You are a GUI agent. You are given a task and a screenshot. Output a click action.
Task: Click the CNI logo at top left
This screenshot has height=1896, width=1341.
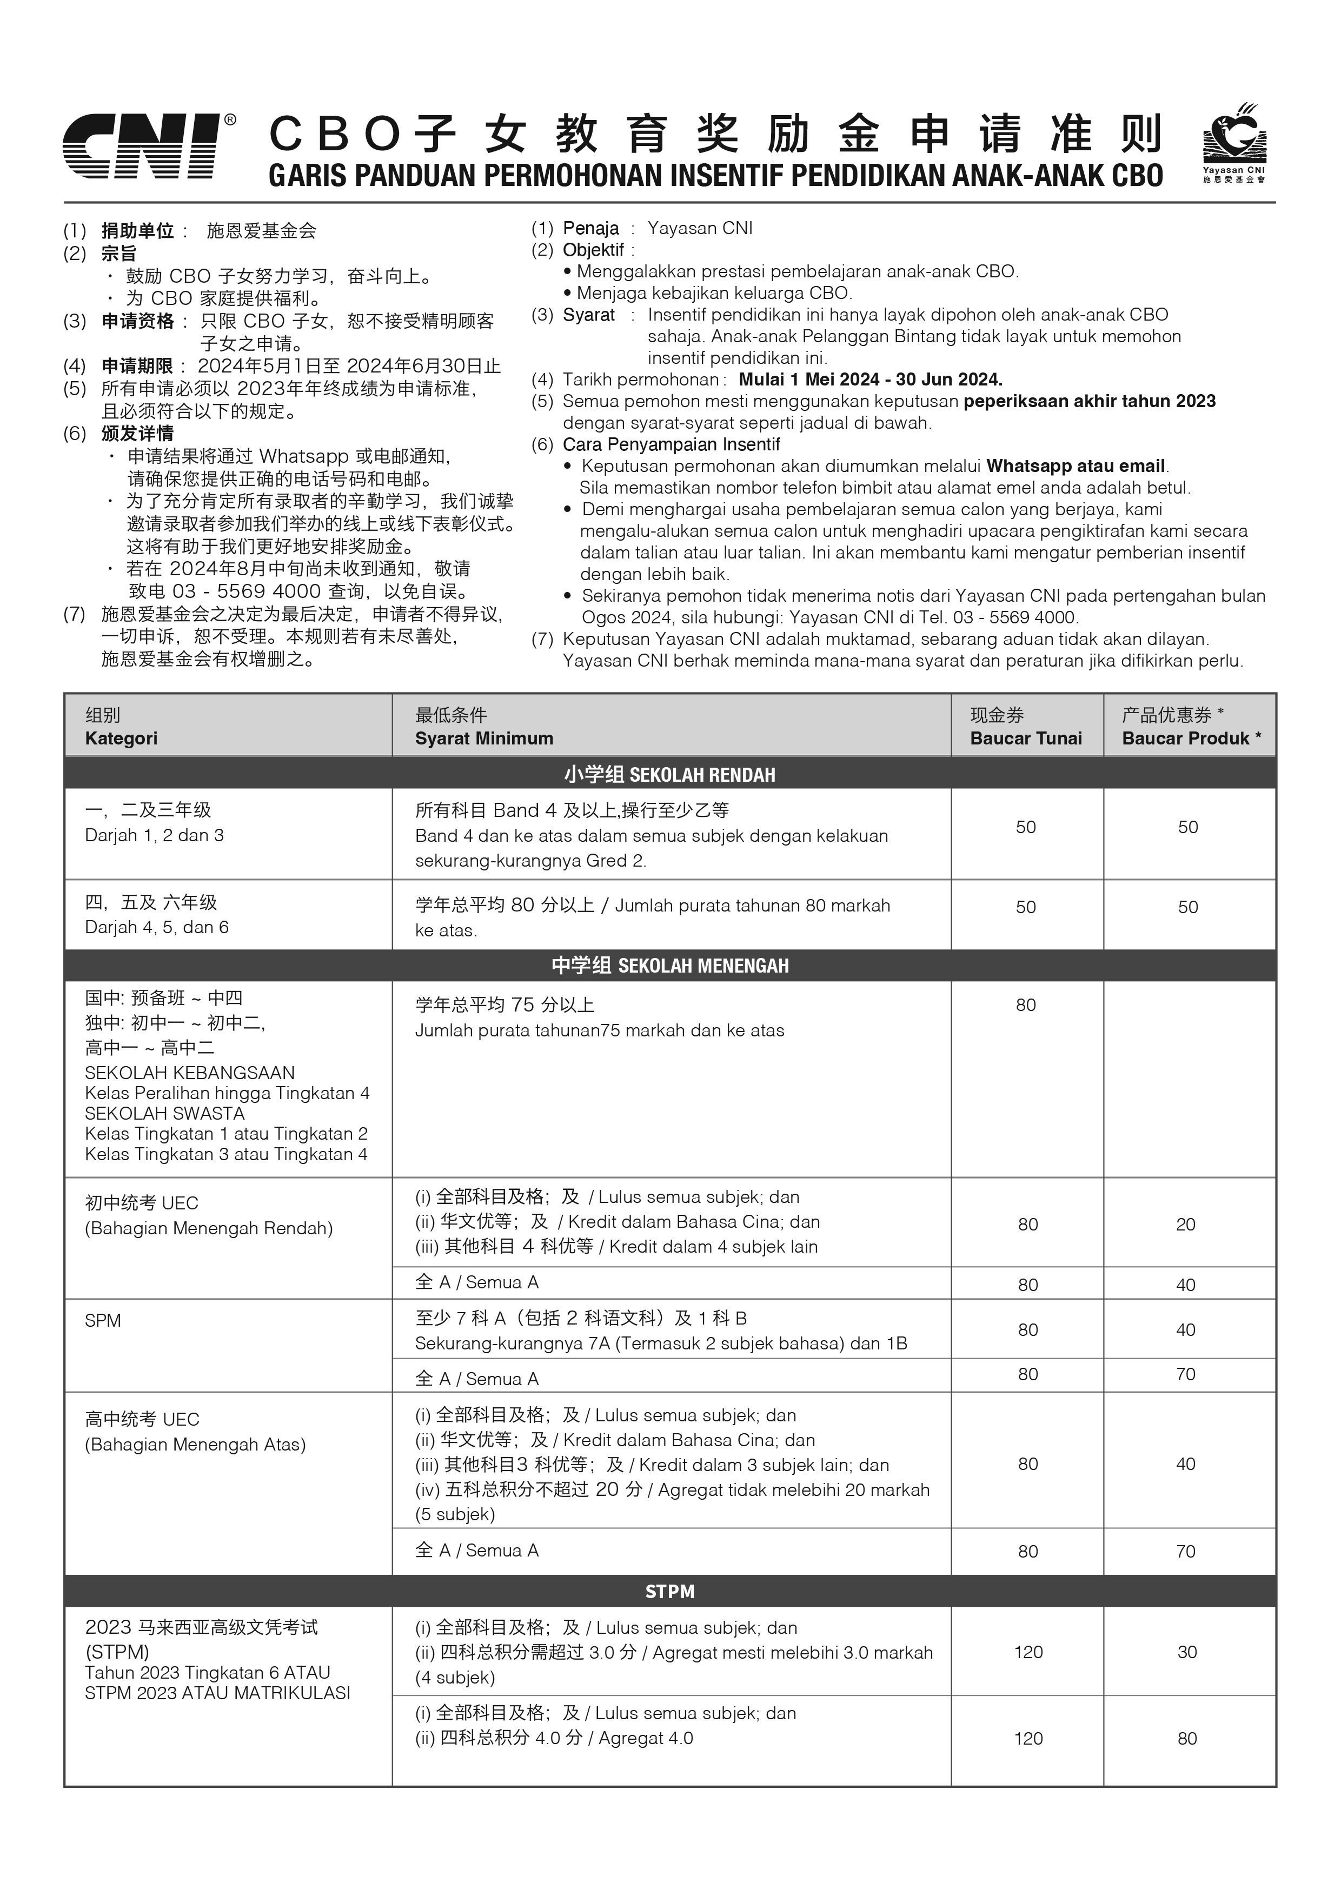(142, 146)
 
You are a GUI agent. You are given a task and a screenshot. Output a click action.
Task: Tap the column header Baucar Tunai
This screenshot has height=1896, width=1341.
(1026, 739)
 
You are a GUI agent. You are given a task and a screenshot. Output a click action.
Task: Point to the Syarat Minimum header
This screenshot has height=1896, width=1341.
(484, 739)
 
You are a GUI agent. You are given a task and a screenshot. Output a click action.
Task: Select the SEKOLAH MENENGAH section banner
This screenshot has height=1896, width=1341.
(669, 966)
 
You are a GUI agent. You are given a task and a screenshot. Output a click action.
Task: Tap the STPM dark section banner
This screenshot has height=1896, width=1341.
(669, 1591)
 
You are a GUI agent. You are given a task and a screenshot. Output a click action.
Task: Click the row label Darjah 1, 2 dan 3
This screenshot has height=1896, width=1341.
(155, 835)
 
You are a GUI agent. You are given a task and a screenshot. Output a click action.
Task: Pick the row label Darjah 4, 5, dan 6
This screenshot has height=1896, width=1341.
(157, 927)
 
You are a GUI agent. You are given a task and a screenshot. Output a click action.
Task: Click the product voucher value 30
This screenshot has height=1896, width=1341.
(1186, 1652)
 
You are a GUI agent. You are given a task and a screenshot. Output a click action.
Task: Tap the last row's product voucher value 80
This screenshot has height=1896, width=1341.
(1186, 1738)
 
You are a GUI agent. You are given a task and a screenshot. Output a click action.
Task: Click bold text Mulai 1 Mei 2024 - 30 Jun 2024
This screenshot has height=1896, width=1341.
(871, 380)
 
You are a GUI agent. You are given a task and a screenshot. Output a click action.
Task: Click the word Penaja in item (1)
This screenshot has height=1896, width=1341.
(590, 228)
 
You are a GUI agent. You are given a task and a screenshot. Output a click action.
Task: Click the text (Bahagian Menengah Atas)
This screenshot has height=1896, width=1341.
(195, 1444)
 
